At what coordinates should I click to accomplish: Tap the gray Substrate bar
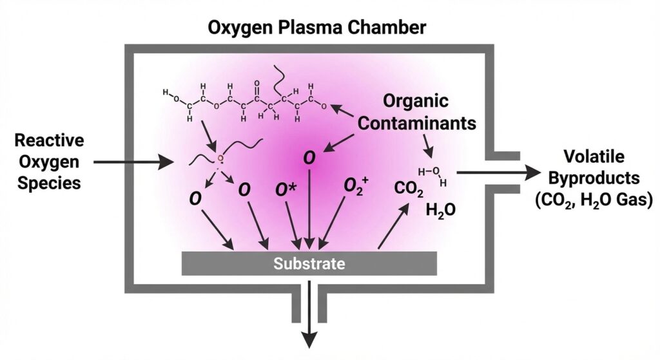click(309, 263)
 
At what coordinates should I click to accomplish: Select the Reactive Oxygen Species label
click(49, 162)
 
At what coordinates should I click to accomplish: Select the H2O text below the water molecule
click(440, 210)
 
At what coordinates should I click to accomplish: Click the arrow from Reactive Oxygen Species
click(129, 162)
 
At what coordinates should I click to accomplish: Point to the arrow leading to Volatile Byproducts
click(497, 173)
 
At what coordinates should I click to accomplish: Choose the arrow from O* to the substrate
click(293, 225)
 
